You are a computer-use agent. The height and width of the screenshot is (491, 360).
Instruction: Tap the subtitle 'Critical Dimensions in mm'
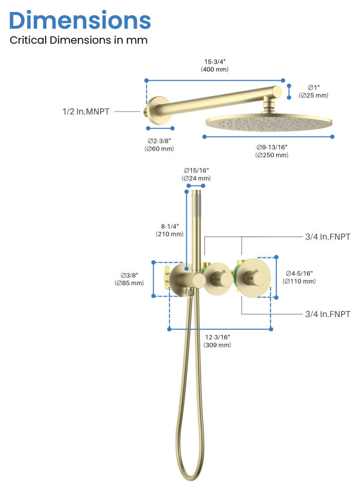click(x=79, y=40)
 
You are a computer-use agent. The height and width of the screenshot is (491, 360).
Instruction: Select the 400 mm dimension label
click(x=215, y=65)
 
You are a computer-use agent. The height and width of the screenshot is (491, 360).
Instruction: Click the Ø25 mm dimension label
click(x=313, y=91)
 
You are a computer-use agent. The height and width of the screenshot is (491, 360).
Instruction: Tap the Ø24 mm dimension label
click(x=196, y=175)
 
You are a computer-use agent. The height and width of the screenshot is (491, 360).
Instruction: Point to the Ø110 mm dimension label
click(x=299, y=277)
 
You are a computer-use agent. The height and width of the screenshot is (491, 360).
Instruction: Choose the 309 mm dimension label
click(x=217, y=341)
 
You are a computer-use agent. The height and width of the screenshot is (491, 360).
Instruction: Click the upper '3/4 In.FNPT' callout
click(x=328, y=237)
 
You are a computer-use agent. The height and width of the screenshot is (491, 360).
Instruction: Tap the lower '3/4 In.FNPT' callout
click(x=328, y=314)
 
